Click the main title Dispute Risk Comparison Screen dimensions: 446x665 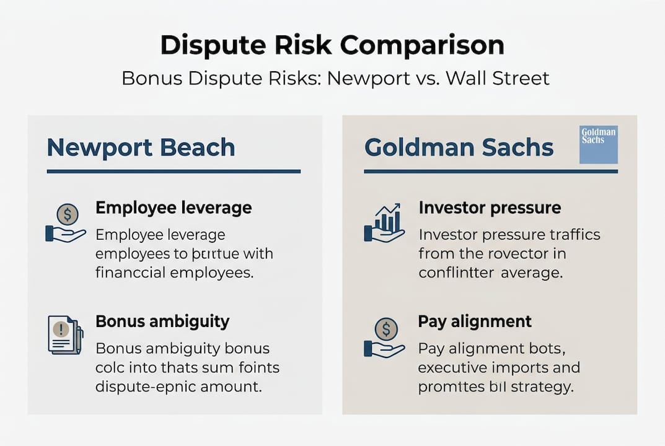coord(332,46)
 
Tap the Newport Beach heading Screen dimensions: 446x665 coord(141,148)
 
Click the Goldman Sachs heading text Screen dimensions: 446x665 coord(459,148)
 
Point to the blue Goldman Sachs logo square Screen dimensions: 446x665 coord(598,145)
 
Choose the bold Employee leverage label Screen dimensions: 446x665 coord(174,208)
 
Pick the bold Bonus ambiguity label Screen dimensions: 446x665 coord(162,321)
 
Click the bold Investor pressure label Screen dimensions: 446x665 coord(490,208)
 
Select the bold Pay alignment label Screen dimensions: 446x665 coord(475,321)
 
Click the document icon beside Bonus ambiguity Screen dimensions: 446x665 coord(65,334)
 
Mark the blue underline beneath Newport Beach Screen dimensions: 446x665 coord(174,172)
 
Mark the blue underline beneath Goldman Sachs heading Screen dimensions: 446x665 coord(491,172)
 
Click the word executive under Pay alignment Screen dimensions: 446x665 coord(452,367)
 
